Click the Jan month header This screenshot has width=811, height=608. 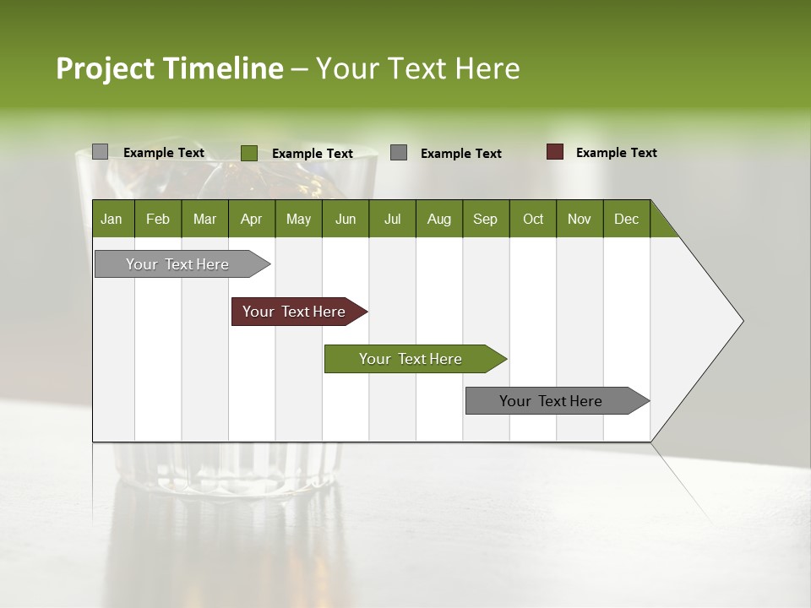[112, 219]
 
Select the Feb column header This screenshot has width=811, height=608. [158, 219]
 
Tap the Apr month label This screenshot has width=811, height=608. [252, 219]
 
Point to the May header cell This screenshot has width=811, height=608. [298, 219]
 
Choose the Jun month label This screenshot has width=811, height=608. [346, 219]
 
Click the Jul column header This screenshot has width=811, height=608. [392, 219]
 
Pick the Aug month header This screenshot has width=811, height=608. [439, 219]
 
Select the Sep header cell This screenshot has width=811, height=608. [486, 219]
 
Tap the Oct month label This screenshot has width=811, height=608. [533, 219]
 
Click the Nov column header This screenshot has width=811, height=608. [580, 219]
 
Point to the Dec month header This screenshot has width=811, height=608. [627, 219]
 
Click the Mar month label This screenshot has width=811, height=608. [204, 219]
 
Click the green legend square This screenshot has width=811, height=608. [249, 153]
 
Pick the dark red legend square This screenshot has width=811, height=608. [555, 152]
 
